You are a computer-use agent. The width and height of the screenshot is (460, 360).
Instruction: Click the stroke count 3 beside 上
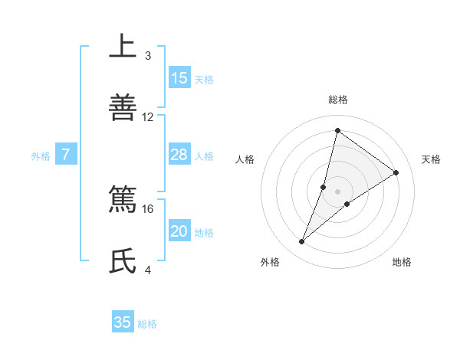click(148, 56)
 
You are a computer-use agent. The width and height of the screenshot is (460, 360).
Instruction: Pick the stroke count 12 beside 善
click(148, 116)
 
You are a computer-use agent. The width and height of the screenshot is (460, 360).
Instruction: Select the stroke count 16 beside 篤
click(148, 208)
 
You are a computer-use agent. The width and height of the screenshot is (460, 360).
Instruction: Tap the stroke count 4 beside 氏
click(148, 270)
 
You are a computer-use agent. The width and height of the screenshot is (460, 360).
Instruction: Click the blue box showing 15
click(179, 78)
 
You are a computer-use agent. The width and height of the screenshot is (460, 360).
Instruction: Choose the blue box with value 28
click(179, 155)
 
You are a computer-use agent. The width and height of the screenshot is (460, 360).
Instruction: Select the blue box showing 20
click(179, 232)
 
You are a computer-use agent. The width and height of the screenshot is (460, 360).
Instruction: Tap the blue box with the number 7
click(66, 155)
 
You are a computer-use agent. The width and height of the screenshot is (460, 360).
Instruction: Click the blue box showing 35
click(123, 323)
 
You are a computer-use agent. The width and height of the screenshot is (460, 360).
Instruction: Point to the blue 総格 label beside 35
click(147, 324)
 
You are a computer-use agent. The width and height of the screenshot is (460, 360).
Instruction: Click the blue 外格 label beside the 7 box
click(41, 156)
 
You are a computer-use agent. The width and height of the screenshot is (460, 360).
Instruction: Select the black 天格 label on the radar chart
click(432, 159)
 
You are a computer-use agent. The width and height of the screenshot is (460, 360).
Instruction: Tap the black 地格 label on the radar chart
click(402, 262)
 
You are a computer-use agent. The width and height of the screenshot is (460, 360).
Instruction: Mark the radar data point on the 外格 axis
click(302, 242)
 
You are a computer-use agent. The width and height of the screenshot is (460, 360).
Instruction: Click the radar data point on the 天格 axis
click(396, 172)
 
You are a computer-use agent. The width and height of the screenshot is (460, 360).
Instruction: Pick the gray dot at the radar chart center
click(337, 191)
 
